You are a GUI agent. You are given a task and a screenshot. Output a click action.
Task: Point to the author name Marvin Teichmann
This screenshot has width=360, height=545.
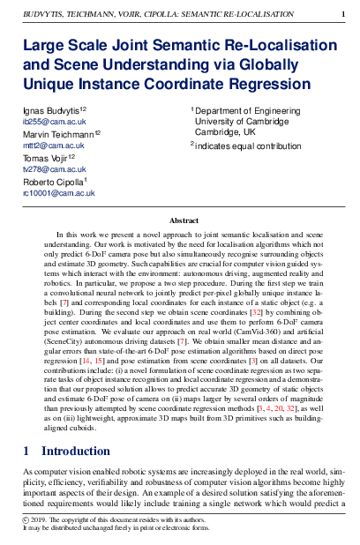(59, 134)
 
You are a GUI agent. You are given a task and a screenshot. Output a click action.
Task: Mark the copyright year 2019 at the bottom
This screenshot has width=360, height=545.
(41, 520)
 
